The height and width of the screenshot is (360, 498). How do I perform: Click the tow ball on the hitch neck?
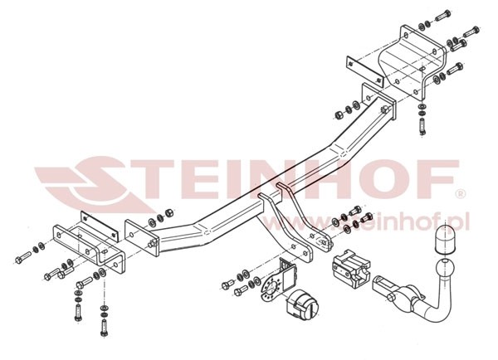pos(445,270)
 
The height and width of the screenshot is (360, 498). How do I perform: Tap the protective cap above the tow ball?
pos(446,239)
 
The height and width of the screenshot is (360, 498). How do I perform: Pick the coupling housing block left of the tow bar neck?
pos(350,267)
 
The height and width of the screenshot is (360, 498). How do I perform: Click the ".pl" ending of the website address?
pos(460,221)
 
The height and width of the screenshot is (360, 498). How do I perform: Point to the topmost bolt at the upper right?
pos(442,15)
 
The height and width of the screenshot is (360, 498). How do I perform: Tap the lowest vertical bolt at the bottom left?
pos(105,328)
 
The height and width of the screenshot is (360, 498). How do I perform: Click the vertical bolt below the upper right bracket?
pos(422,126)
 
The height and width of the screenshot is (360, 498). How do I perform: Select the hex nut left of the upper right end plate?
pos(339,114)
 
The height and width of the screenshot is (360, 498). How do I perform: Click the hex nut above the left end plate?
pos(169,212)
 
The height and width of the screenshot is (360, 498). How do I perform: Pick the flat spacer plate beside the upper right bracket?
pos(364,71)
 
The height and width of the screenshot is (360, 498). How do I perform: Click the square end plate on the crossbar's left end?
pos(142,238)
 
